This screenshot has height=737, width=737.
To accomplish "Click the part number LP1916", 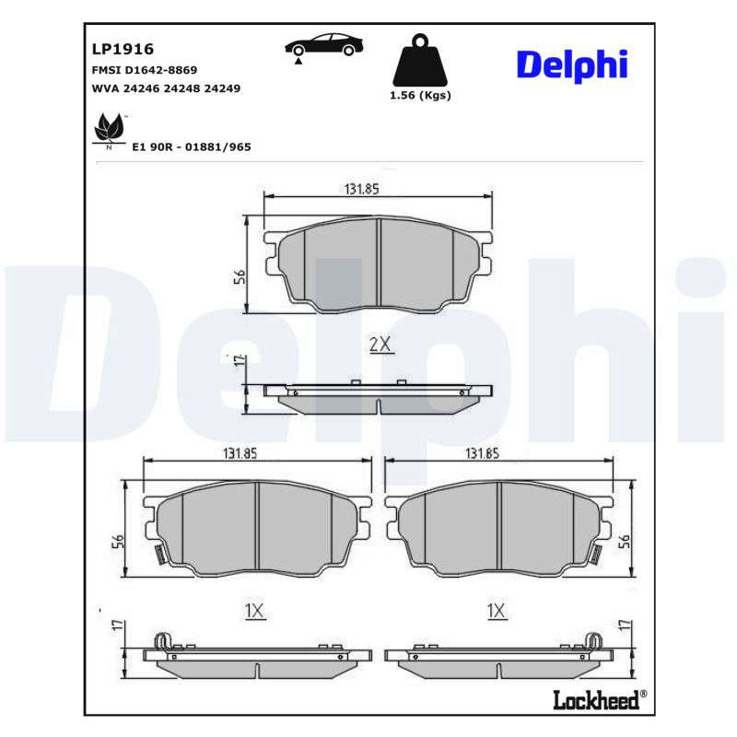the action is point(123,49).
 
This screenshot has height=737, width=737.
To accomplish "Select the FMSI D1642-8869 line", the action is point(145,70).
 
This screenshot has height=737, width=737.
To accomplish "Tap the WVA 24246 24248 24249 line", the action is point(166,88).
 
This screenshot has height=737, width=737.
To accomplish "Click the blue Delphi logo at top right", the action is point(572,65).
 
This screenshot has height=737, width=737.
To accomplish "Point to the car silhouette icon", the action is point(324,46).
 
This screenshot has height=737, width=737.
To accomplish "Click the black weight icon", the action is point(420,60).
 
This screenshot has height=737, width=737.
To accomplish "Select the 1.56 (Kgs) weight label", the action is point(420,96).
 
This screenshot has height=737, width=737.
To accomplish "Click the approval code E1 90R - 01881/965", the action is point(192,147).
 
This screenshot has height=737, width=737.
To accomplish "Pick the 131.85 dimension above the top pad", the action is point(361,189).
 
